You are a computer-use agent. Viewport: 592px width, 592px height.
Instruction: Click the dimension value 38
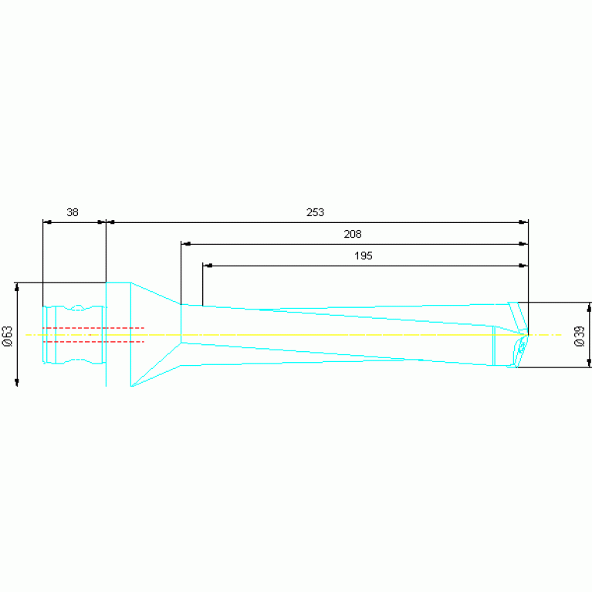(x=73, y=212)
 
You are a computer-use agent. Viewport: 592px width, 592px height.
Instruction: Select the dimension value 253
(x=315, y=212)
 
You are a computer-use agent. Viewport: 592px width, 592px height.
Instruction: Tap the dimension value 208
(x=352, y=234)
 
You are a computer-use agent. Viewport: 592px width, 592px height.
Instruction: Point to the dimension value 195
(x=364, y=256)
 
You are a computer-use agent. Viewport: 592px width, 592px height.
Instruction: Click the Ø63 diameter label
(x=8, y=336)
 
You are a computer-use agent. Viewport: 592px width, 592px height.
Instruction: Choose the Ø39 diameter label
(x=579, y=336)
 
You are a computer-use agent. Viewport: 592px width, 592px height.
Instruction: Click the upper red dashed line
(x=93, y=328)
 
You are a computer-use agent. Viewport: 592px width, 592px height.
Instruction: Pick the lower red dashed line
(x=93, y=342)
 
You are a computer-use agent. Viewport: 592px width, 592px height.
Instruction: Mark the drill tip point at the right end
(x=528, y=334)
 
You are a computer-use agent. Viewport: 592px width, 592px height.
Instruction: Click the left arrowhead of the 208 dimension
(x=186, y=244)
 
